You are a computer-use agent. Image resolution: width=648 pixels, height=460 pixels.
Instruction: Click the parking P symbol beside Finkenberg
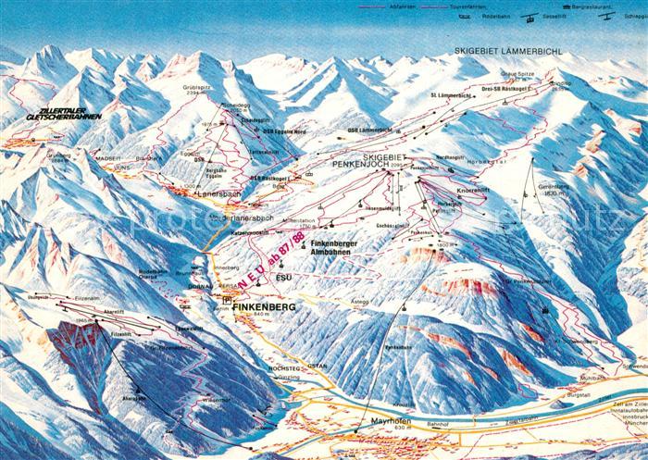pos(228,300)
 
